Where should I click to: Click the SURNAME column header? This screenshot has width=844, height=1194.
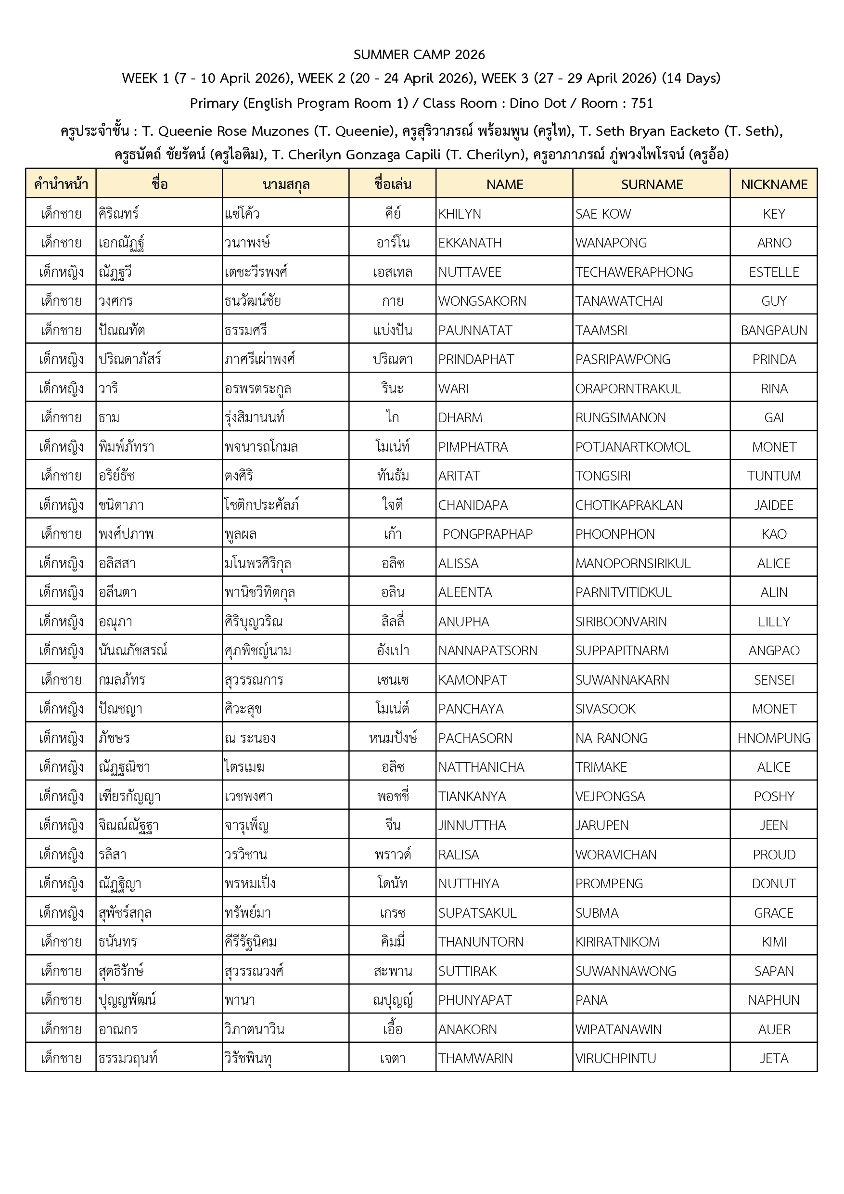pyautogui.click(x=652, y=184)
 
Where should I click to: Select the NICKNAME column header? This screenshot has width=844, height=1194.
pyautogui.click(x=774, y=184)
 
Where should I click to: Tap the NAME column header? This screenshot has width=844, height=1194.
pyautogui.click(x=505, y=184)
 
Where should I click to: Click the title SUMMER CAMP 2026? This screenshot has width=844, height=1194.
pyautogui.click(x=419, y=54)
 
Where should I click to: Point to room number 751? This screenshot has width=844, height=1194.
pyautogui.click(x=642, y=103)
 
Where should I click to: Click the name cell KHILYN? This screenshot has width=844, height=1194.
pyautogui.click(x=460, y=214)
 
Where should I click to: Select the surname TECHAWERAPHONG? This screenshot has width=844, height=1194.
pyautogui.click(x=634, y=272)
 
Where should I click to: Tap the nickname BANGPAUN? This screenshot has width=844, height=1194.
pyautogui.click(x=774, y=330)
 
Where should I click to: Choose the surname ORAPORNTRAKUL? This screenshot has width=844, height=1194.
pyautogui.click(x=628, y=389)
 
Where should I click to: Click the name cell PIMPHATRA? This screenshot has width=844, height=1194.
pyautogui.click(x=473, y=447)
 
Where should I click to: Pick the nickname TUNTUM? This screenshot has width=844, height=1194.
pyautogui.click(x=774, y=476)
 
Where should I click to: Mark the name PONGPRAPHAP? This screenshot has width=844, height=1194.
pyautogui.click(x=487, y=534)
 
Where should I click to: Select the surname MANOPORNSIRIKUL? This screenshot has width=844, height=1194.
pyautogui.click(x=633, y=563)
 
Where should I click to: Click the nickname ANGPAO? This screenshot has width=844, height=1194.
pyautogui.click(x=774, y=650)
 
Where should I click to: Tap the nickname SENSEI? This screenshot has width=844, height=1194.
pyautogui.click(x=774, y=680)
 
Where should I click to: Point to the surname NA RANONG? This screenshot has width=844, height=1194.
pyautogui.click(x=611, y=738)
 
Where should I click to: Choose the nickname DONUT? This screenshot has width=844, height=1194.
pyautogui.click(x=774, y=883)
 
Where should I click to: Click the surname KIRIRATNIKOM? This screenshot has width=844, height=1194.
pyautogui.click(x=617, y=942)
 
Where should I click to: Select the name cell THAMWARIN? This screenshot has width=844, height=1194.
pyautogui.click(x=475, y=1058)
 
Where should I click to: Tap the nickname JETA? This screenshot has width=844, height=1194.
pyautogui.click(x=774, y=1058)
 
